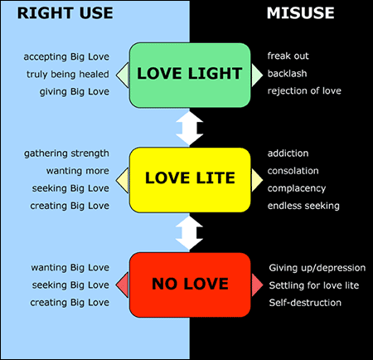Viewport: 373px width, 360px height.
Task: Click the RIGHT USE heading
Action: (x=65, y=13)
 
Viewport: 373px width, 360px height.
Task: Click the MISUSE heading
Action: (x=300, y=13)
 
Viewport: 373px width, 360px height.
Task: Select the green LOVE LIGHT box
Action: (x=190, y=75)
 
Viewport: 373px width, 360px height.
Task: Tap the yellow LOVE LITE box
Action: (x=190, y=180)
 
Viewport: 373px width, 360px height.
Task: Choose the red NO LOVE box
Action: (x=190, y=285)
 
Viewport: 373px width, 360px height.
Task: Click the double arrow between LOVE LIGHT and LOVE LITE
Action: (x=190, y=129)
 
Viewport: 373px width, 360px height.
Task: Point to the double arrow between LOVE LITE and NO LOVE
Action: (x=190, y=233)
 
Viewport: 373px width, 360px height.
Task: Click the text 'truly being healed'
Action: (x=68, y=75)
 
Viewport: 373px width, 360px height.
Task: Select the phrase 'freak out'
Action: (x=288, y=56)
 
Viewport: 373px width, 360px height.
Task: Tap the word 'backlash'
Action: (x=287, y=73)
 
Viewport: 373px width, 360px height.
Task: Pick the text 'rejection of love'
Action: (x=304, y=91)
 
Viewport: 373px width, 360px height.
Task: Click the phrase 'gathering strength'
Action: (x=66, y=153)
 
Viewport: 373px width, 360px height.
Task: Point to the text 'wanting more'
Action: (x=78, y=171)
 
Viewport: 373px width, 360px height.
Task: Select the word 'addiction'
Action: (x=288, y=153)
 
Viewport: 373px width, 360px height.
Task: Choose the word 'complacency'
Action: (x=297, y=188)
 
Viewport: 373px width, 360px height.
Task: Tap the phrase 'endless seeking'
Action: (x=303, y=206)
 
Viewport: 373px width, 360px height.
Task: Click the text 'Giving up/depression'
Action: (x=317, y=268)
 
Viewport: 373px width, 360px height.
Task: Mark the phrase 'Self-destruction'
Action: (x=305, y=303)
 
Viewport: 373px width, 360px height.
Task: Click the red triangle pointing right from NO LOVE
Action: (x=257, y=285)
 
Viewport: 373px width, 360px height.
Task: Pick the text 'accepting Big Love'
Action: (x=66, y=57)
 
